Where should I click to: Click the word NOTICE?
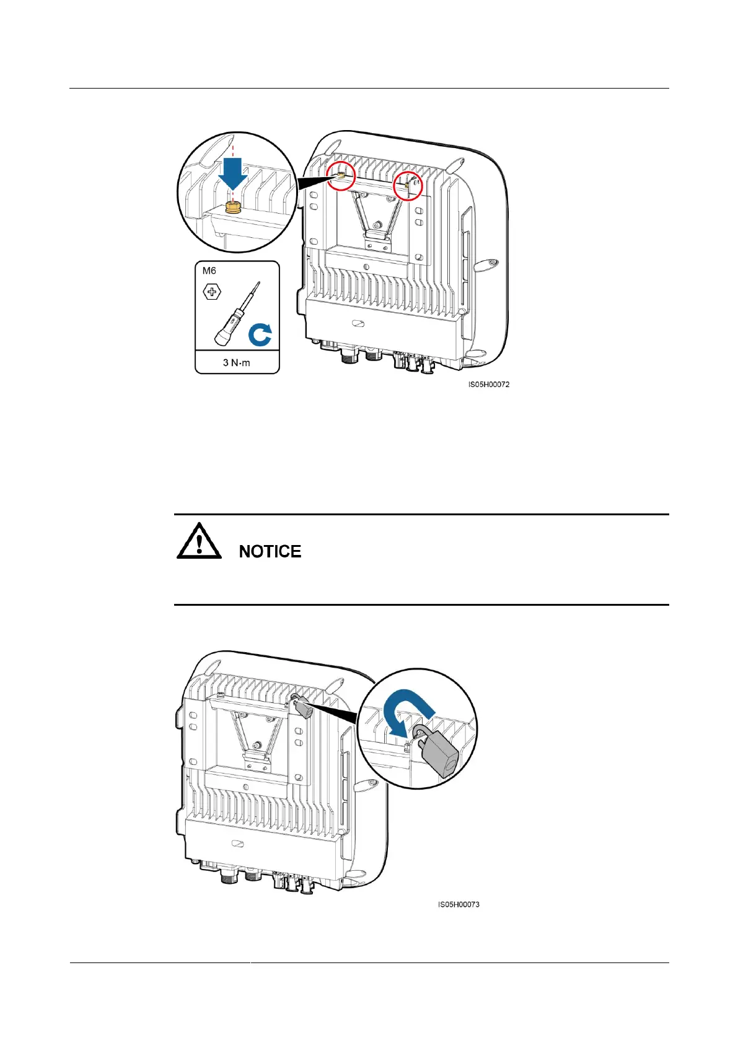tap(270, 551)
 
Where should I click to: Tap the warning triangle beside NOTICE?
tap(199, 542)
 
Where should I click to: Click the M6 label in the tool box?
tap(209, 271)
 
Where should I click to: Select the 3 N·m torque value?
tap(237, 362)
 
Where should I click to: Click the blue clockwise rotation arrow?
tap(260, 336)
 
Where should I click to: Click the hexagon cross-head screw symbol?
tap(212, 291)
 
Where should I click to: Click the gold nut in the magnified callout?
tap(233, 207)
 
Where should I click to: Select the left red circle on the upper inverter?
tap(341, 176)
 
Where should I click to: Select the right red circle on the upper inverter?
tap(408, 186)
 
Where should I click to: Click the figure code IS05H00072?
tap(489, 385)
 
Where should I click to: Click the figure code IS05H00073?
tap(459, 904)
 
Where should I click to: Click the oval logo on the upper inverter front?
tap(358, 324)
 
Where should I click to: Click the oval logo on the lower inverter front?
tap(237, 844)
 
